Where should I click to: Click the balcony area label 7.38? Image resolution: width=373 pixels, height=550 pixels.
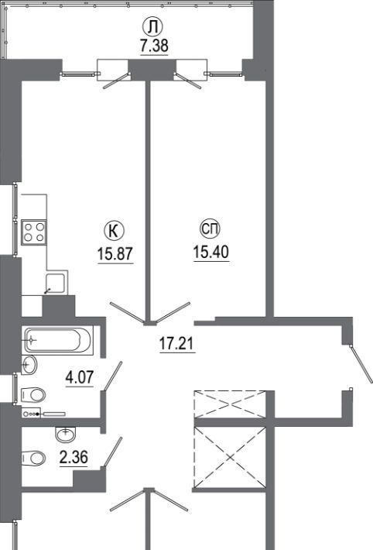(x=154, y=46)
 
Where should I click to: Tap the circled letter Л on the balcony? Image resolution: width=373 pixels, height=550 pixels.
(x=152, y=27)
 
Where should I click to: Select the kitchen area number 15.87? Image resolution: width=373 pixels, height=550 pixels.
(x=115, y=253)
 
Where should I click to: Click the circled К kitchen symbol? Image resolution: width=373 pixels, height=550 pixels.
(x=115, y=231)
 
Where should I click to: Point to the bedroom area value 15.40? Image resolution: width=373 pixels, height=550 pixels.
(x=211, y=252)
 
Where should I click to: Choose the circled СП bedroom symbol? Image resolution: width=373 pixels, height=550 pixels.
(x=210, y=229)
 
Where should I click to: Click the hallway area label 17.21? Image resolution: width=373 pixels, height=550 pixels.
(x=176, y=343)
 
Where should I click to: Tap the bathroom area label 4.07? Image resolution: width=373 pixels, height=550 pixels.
(x=80, y=377)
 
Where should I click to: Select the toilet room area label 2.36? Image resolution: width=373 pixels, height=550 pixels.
(x=74, y=457)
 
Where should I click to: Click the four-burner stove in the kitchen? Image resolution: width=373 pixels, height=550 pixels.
(x=34, y=232)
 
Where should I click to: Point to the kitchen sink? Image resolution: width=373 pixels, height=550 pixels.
(x=56, y=283)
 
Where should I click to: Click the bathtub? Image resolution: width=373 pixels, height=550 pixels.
(x=58, y=340)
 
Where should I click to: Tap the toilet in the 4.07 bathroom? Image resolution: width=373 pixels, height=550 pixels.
(x=33, y=395)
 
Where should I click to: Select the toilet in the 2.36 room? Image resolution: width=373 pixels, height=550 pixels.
(x=33, y=458)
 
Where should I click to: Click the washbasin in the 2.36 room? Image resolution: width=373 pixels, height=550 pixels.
(x=66, y=434)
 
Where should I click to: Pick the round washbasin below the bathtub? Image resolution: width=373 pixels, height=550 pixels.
(x=29, y=365)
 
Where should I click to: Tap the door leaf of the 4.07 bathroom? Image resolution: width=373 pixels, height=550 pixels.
(x=112, y=376)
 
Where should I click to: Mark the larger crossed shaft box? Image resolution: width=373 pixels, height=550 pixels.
(x=230, y=457)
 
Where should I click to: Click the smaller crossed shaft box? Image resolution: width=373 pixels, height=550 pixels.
(x=230, y=404)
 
